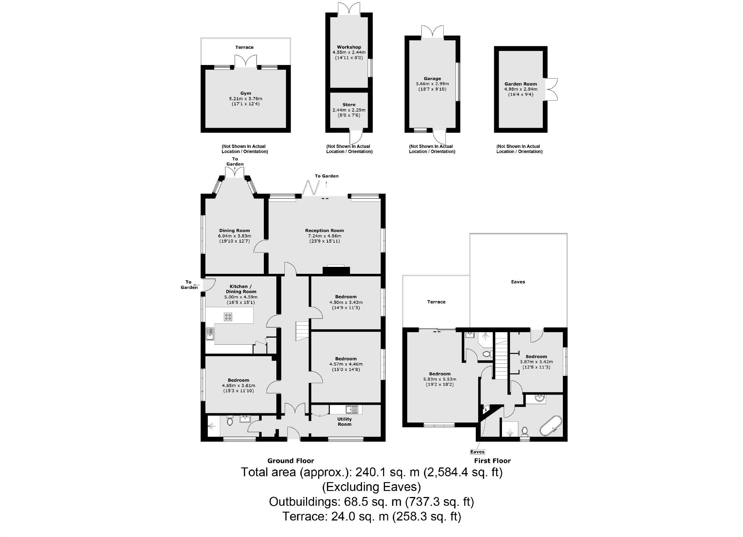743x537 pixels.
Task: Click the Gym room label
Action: (245, 93)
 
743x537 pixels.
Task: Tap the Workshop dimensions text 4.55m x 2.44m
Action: (349, 52)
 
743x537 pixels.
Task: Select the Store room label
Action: (349, 105)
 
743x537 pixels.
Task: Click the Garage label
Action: (432, 79)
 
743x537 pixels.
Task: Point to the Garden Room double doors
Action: (551, 89)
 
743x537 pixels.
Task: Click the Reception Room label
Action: (324, 231)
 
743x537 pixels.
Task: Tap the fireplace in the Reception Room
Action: (336, 270)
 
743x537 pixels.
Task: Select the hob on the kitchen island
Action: (228, 316)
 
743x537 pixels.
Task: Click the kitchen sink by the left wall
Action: (210, 334)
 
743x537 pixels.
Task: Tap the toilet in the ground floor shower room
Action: (230, 421)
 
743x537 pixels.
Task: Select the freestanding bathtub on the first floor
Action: (550, 426)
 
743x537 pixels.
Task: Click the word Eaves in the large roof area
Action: (518, 282)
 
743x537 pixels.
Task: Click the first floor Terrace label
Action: (436, 302)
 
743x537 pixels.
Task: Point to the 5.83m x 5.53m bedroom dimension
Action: (440, 379)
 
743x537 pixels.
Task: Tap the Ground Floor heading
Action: (291, 461)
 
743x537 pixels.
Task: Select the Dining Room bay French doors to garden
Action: (234, 173)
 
